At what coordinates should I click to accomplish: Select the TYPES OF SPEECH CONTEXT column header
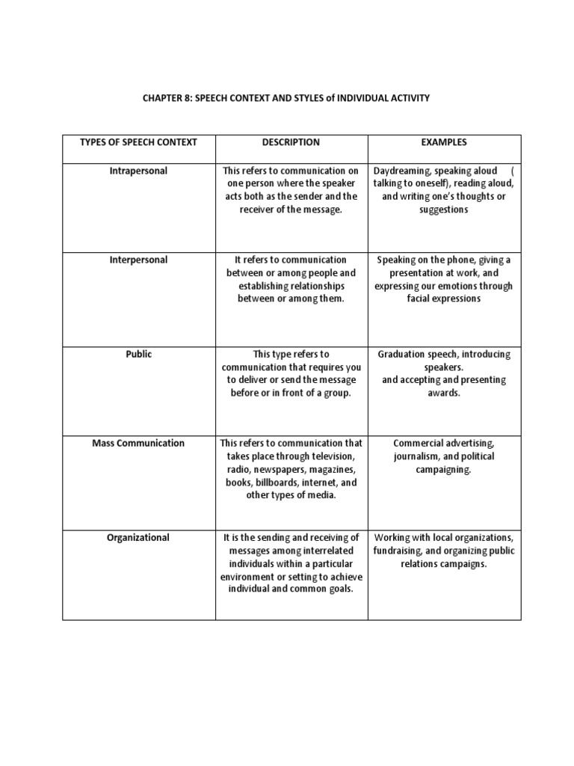(x=138, y=142)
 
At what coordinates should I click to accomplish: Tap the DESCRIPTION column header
(x=291, y=142)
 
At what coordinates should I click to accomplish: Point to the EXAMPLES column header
(x=443, y=142)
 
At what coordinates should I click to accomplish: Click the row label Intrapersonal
(x=138, y=171)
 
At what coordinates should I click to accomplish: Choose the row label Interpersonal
(x=138, y=260)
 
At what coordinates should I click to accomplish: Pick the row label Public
(x=138, y=354)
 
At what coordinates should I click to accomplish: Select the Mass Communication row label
(x=138, y=443)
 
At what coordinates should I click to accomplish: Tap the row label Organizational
(x=138, y=537)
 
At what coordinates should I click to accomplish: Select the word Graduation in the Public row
(x=404, y=354)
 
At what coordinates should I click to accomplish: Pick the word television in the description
(x=316, y=456)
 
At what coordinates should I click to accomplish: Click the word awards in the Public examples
(x=443, y=393)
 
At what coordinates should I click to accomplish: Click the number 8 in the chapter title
(x=186, y=98)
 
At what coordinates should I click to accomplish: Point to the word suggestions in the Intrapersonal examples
(x=443, y=209)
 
